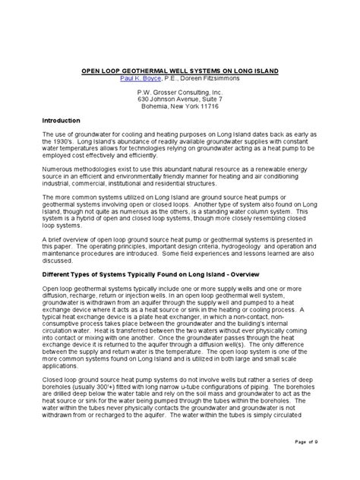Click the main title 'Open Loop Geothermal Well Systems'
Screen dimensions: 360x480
pos(179,70)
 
